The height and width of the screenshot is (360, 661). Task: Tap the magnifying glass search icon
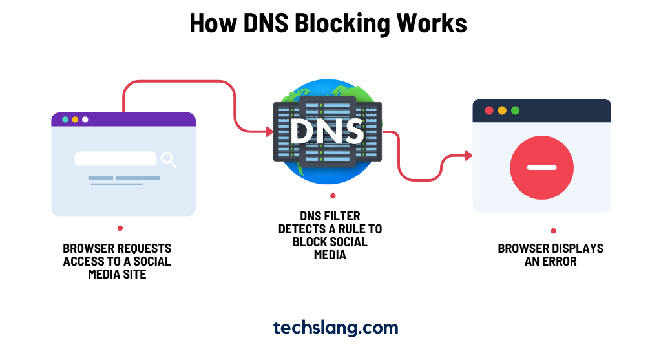point(168,159)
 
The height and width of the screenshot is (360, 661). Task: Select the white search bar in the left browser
point(116,159)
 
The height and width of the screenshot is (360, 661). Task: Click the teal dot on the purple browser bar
point(65,120)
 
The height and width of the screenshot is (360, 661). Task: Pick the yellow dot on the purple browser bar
point(75,120)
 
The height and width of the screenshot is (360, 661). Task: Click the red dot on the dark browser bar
point(489,111)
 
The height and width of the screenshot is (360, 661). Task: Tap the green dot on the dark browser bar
point(515,111)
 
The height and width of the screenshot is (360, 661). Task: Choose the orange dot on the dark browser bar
point(502,111)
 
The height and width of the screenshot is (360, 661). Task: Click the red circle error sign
point(541,167)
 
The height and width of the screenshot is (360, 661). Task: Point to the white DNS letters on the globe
point(327,131)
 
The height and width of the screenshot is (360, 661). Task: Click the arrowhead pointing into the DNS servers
point(269,132)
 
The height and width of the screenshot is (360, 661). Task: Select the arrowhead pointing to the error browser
point(468,155)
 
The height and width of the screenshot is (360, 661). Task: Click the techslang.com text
point(335,328)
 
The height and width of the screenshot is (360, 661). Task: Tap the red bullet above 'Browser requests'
point(120,228)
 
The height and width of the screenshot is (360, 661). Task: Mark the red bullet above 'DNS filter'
point(333,195)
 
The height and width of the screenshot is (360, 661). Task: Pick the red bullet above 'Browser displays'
point(553,231)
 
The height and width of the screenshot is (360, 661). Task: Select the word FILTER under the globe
point(343,216)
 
